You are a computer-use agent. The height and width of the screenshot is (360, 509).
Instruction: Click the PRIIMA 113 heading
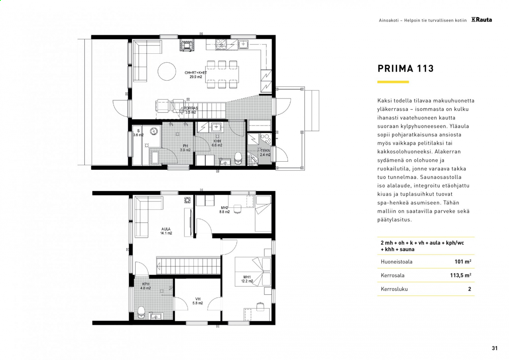pyautogui.click(x=406, y=68)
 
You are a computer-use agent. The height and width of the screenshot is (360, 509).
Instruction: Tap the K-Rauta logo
pyautogui.click(x=481, y=20)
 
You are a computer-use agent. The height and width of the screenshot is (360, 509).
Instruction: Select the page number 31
pyautogui.click(x=495, y=348)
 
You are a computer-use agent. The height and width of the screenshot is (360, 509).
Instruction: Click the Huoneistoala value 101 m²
pyautogui.click(x=463, y=261)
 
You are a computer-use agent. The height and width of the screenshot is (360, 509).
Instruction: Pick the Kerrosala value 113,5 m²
pyautogui.click(x=461, y=275)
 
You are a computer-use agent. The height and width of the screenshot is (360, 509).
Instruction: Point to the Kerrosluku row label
pyautogui.click(x=394, y=289)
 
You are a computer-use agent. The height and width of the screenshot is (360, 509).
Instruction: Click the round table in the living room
pyautogui.click(x=167, y=71)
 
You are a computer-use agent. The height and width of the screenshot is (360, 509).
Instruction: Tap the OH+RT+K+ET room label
pyautogui.click(x=195, y=73)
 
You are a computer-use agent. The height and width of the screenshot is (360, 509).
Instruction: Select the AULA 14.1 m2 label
pyautogui.click(x=166, y=231)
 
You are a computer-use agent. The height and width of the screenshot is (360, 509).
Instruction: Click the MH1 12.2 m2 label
pyautogui.click(x=247, y=279)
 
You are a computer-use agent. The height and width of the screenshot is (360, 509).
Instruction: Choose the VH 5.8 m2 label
pyautogui.click(x=197, y=301)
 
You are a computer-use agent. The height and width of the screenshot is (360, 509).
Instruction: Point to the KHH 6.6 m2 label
pyautogui.click(x=217, y=143)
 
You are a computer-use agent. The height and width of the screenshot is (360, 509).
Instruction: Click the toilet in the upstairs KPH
pyautogui.click(x=141, y=312)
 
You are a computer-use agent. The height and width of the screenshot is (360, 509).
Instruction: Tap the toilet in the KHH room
pyautogui.click(x=238, y=158)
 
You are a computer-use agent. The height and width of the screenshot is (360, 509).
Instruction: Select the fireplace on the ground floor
pyautogui.click(x=187, y=45)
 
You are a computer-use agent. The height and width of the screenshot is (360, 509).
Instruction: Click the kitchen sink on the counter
pyautogui.click(x=243, y=44)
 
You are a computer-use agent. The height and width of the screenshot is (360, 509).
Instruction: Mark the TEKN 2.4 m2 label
pyautogui.click(x=265, y=152)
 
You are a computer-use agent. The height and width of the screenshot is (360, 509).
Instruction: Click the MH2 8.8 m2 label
pyautogui.click(x=224, y=210)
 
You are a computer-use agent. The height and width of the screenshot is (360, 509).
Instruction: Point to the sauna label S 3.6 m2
pyautogui.click(x=138, y=133)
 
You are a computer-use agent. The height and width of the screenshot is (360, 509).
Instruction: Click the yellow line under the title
pyautogui.click(x=393, y=82)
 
